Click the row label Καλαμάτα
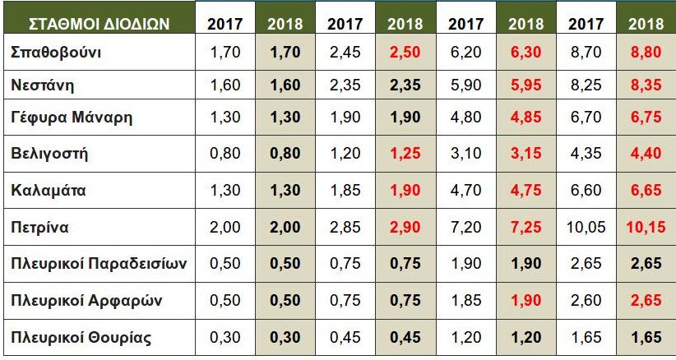(x=49, y=190)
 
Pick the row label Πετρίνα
(x=41, y=226)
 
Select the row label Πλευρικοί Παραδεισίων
(x=100, y=263)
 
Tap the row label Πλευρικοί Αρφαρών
(x=86, y=300)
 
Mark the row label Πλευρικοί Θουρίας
(x=81, y=337)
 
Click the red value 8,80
(x=645, y=53)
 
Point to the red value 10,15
(x=645, y=226)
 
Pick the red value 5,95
(x=526, y=85)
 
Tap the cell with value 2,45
(x=345, y=53)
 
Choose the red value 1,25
(x=405, y=153)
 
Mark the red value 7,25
(x=526, y=226)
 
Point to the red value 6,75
(x=645, y=117)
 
